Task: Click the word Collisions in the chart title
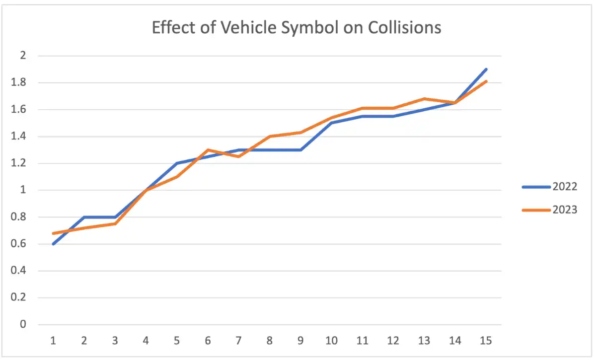coord(404,27)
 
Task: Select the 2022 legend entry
coord(564,187)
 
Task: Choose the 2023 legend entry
coord(564,210)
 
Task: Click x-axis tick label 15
coord(486,341)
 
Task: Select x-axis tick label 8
coord(270,341)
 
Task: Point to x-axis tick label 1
coord(53,341)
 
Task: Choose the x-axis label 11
coord(362,341)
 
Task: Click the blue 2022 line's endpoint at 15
coord(486,70)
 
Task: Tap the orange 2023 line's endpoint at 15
coord(486,81)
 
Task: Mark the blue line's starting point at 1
coord(53,244)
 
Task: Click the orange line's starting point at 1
coord(53,233)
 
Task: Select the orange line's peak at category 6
coord(208,149)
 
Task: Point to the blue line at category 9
coord(300,149)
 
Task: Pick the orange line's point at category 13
coord(424,99)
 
